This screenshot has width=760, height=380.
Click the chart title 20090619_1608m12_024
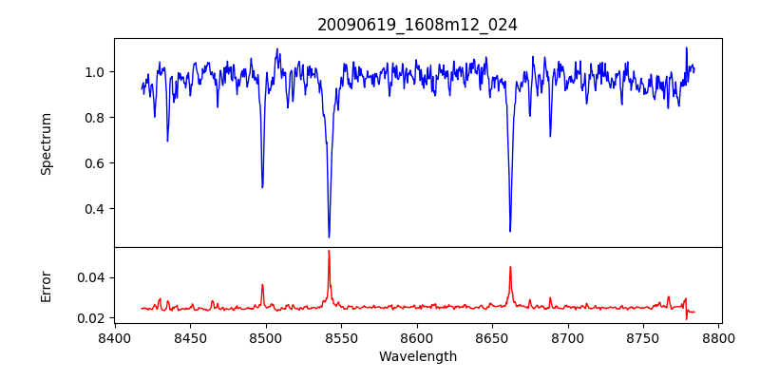417,25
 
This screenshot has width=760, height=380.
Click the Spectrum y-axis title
46,143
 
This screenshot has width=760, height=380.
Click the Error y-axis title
46,286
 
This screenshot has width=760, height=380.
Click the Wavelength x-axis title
417,357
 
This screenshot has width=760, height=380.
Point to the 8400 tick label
115,337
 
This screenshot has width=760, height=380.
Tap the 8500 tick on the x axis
266,337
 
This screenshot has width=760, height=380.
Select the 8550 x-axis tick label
341,337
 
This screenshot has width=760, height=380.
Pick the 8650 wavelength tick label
492,337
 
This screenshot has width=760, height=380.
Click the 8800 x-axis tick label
718,337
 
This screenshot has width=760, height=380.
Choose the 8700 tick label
568,337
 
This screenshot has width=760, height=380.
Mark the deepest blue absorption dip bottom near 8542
329,237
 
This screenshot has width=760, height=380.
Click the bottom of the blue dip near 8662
510,231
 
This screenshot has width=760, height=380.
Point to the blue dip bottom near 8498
262,187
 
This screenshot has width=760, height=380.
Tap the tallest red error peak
329,251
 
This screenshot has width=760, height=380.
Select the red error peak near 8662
510,267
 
